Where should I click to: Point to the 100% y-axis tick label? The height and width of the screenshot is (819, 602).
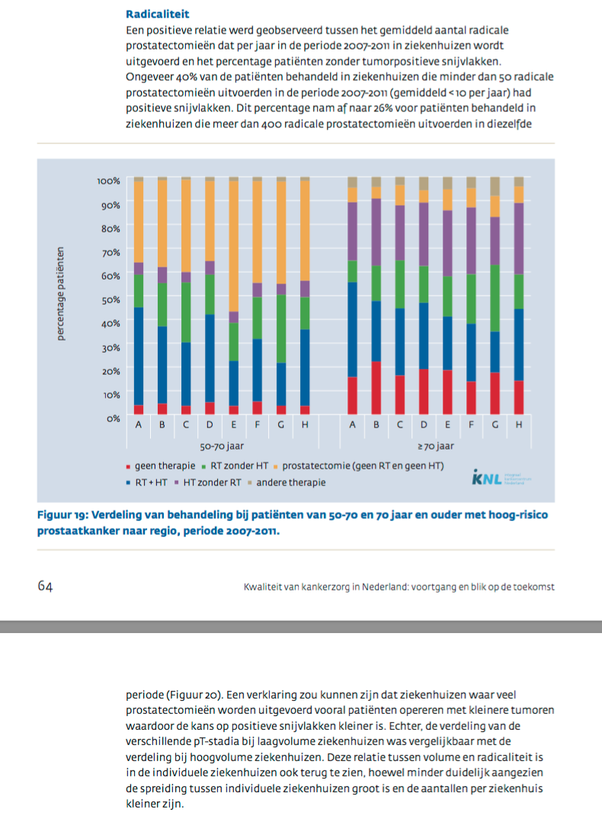108,181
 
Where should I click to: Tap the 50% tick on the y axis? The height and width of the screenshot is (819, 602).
110,299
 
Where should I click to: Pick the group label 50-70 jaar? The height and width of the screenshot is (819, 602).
222,446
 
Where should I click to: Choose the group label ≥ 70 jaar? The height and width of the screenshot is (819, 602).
435,446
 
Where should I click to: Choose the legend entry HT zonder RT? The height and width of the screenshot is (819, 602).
210,482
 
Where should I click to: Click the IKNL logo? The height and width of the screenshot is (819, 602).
500,478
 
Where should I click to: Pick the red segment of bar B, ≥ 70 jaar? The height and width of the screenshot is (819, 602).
376,388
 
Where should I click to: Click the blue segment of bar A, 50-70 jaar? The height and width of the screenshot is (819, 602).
139,356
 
